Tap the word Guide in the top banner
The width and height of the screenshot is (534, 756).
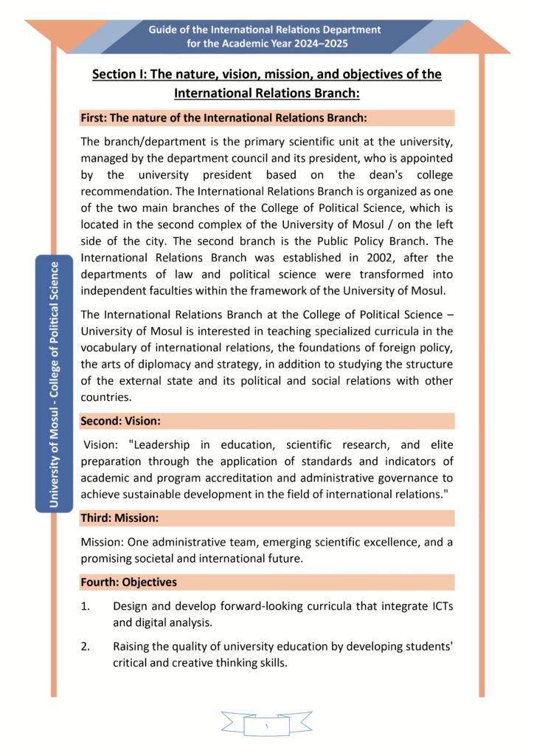164,30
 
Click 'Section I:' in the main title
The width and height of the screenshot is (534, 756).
119,75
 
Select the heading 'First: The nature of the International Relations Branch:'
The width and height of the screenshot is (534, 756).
224,117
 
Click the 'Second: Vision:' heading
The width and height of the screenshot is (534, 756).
120,421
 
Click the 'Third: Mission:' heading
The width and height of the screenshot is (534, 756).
119,518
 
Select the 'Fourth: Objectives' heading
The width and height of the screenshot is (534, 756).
128,583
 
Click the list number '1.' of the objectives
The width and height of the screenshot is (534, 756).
86,606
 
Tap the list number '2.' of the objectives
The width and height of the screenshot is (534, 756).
86,647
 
